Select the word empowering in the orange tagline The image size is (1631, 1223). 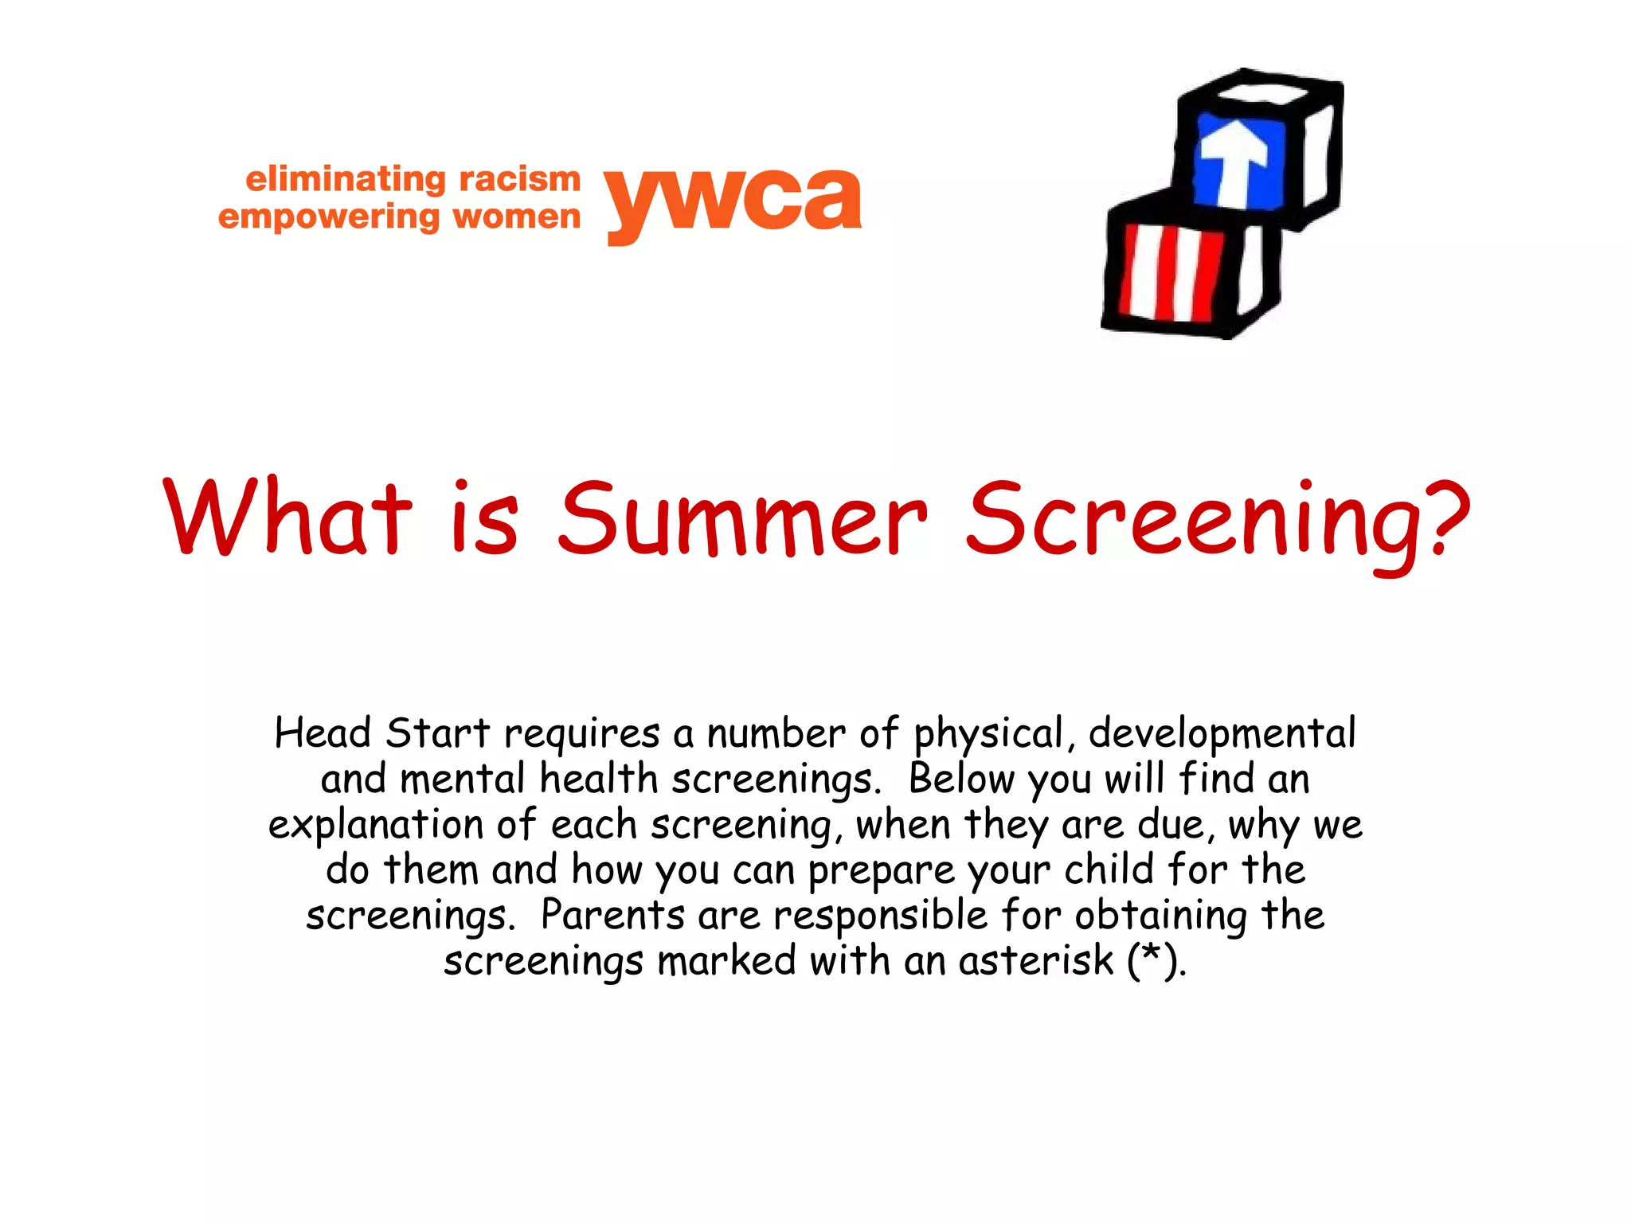pos(328,217)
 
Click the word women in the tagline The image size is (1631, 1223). pos(516,217)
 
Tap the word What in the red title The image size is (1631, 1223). pos(287,518)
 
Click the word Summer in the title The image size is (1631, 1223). pos(742,519)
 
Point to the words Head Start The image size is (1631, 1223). pos(381,733)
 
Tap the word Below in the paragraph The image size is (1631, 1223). pos(961,779)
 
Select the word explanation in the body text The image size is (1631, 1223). pos(375,825)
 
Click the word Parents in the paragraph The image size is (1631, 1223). pos(612,915)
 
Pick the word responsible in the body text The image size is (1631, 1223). pos(881,915)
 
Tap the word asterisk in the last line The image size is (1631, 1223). pos(1035,960)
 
